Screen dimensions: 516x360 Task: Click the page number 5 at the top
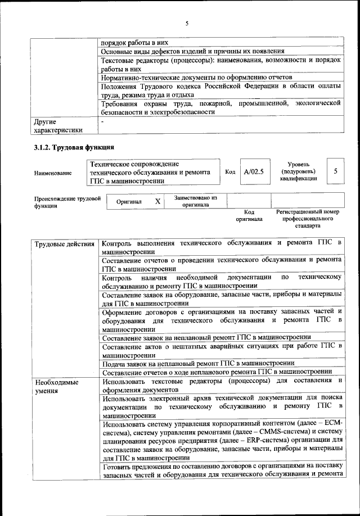(x=186, y=23)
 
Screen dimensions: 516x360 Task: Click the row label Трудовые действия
(x=64, y=243)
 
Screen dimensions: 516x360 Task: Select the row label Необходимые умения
(x=56, y=387)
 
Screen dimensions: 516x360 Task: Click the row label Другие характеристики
(x=58, y=125)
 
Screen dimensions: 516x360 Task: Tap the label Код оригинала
(x=249, y=216)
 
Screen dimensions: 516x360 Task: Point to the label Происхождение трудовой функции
(x=67, y=202)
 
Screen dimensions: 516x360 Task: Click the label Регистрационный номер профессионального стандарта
(x=308, y=219)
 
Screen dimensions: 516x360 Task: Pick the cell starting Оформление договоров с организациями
(x=222, y=320)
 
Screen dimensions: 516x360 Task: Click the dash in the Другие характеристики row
(x=102, y=121)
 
